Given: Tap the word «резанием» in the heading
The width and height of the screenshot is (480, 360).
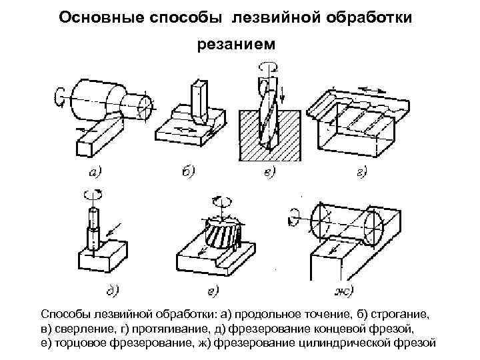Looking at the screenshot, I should point(239,45).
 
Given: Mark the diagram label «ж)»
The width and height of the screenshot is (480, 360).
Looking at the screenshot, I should point(342,290).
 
